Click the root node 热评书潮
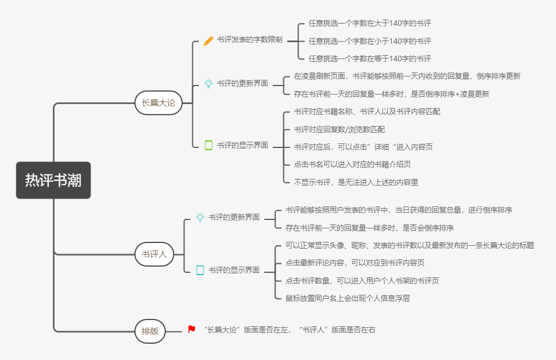pos(53,180)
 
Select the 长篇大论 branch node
pos(159,103)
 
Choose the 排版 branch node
pos(150,331)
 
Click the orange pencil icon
pos(209,40)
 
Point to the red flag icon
pos(192,330)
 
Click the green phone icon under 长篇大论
pos(209,145)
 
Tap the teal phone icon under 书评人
pos(200,270)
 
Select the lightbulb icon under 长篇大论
pos(209,83)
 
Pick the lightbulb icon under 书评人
pos(200,217)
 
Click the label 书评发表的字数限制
pos(250,40)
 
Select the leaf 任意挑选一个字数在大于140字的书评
pos(370,23)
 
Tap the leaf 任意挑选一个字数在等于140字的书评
pos(370,58)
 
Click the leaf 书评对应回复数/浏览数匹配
pos(340,129)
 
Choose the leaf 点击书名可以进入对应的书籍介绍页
pos(352,164)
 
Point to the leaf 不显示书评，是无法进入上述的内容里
pos(356,182)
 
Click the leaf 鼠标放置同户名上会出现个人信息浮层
pos(347,298)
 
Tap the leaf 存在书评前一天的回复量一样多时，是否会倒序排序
pos(369,228)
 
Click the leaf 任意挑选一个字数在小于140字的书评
pos(370,40)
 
